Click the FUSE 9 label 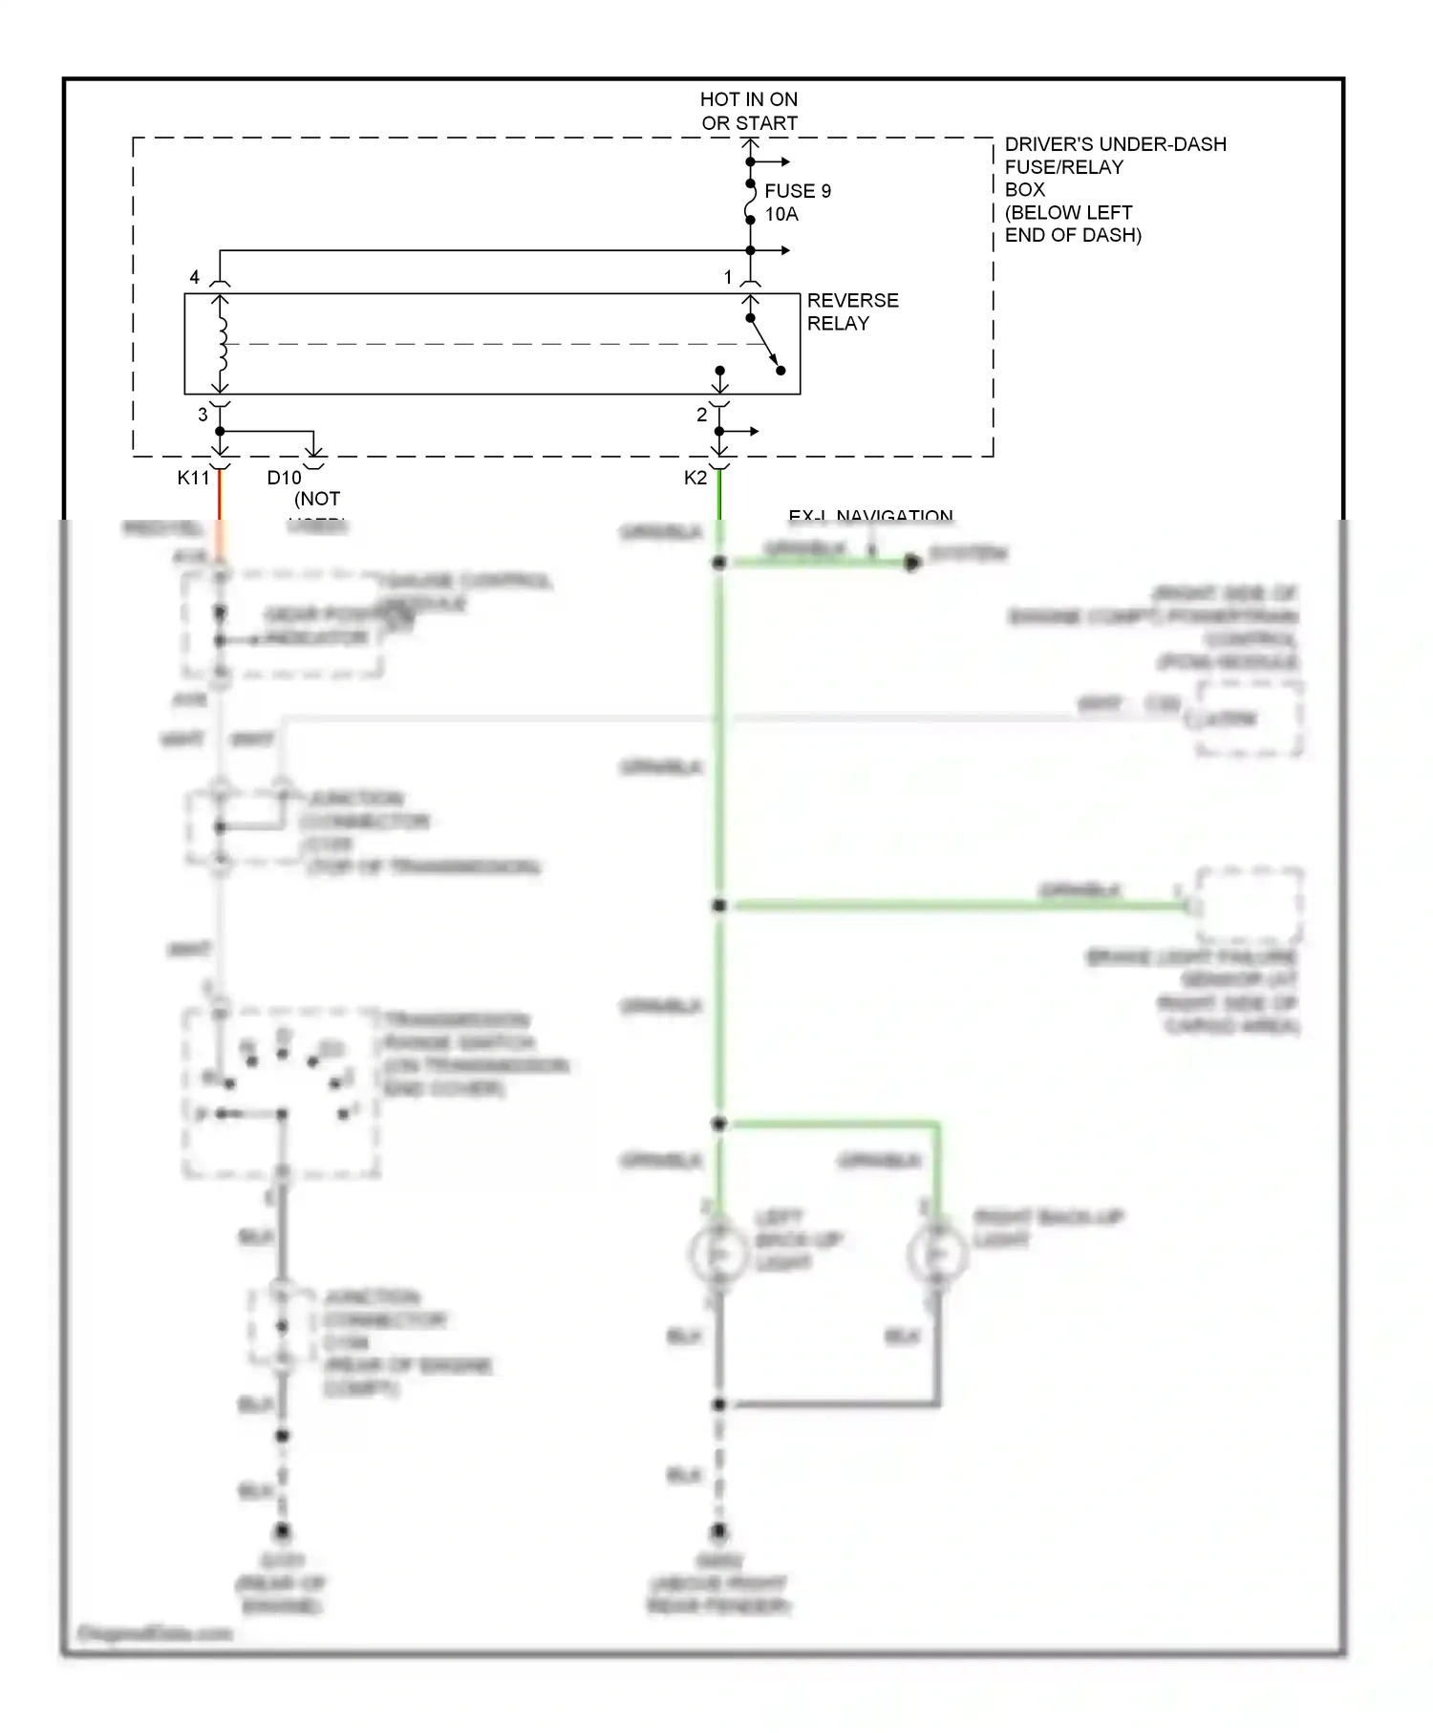click(x=797, y=191)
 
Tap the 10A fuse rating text click(x=781, y=215)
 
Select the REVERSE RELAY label click(x=851, y=311)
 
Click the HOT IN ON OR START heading click(x=748, y=111)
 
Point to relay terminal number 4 click(x=194, y=277)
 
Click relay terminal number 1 click(x=727, y=277)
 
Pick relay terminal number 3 click(x=202, y=415)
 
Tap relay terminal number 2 click(x=701, y=415)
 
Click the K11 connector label click(x=192, y=478)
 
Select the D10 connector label click(x=284, y=478)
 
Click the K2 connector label click(x=695, y=478)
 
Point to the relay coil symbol click(x=222, y=344)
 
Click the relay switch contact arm click(x=764, y=344)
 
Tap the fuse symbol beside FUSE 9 click(x=750, y=202)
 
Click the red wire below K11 click(x=220, y=497)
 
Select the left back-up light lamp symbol click(x=718, y=1253)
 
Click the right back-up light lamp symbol click(x=937, y=1253)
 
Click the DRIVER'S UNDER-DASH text click(x=1114, y=144)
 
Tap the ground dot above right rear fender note click(x=718, y=1531)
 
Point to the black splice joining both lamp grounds click(x=718, y=1404)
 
